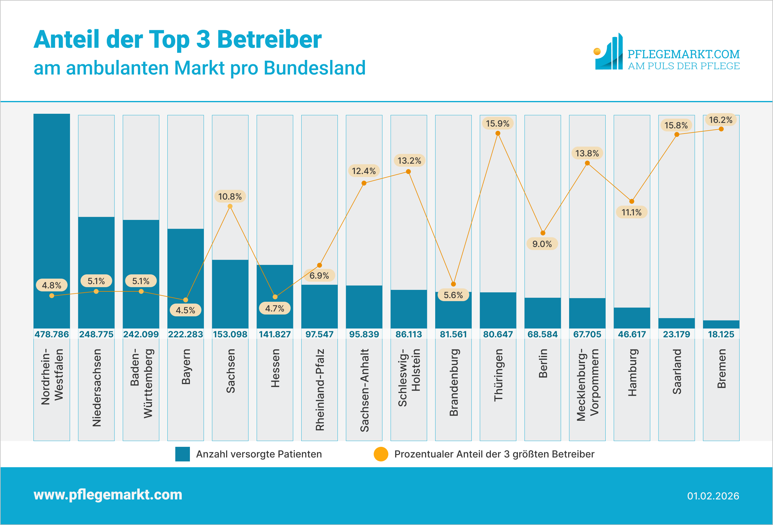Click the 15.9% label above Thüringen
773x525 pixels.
pos(497,124)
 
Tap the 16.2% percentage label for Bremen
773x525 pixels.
pos(720,120)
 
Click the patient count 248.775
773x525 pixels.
pos(96,334)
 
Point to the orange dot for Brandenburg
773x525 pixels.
pos(453,284)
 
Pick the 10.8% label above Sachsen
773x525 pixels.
pos(230,196)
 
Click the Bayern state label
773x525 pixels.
pos(186,367)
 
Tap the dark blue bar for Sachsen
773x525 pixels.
pos(230,294)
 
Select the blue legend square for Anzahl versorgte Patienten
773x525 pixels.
pos(183,454)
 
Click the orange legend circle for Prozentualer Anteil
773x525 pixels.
pos(381,454)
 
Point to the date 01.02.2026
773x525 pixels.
pos(713,496)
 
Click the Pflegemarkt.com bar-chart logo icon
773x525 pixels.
pos(609,52)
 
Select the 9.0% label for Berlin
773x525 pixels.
pos(542,244)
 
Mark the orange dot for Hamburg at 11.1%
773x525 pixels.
pos(631,201)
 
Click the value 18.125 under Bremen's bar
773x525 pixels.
pos(721,334)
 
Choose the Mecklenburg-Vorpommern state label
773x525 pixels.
pos(587,385)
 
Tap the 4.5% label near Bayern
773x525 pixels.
pos(185,310)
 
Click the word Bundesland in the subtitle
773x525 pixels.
pos(315,68)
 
